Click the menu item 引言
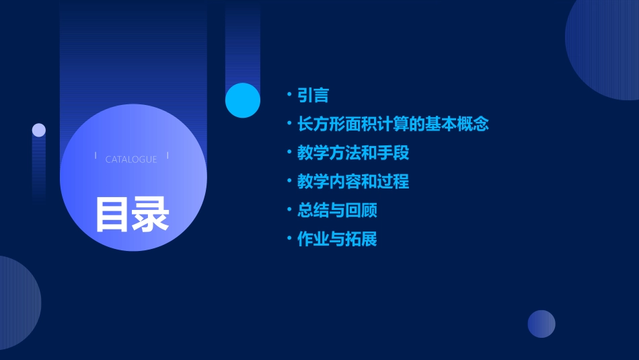pyautogui.click(x=313, y=96)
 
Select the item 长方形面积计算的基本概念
pyautogui.click(x=393, y=124)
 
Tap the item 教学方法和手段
pyautogui.click(x=353, y=153)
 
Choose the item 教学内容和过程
pyautogui.click(x=353, y=182)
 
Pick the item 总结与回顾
pyautogui.click(x=337, y=211)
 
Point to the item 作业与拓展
pyautogui.click(x=337, y=240)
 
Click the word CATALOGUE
pyautogui.click(x=131, y=159)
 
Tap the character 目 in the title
pyautogui.click(x=112, y=214)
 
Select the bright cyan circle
pyautogui.click(x=243, y=100)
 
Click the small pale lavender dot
pyautogui.click(x=39, y=130)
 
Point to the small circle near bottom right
pyautogui.click(x=541, y=324)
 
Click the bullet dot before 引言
pyautogui.click(x=289, y=95)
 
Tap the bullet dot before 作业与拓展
pyautogui.click(x=289, y=239)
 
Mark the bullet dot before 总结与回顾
pyautogui.click(x=289, y=210)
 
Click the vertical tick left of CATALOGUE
pyautogui.click(x=96, y=156)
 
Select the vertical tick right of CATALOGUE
pyautogui.click(x=167, y=156)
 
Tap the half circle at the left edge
pyautogui.click(x=17, y=303)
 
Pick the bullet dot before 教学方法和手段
pyautogui.click(x=289, y=153)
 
